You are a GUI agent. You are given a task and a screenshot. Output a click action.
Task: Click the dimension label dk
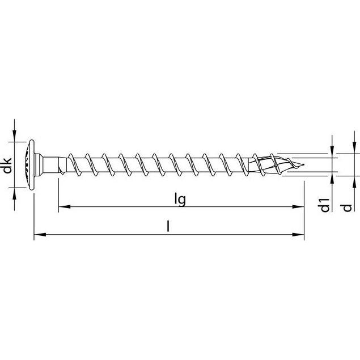click(x=7, y=166)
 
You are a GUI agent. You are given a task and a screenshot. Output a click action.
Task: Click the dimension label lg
click(x=180, y=200)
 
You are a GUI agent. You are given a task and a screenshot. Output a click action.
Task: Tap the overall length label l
click(x=168, y=226)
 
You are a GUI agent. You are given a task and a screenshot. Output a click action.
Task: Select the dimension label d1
click(x=324, y=205)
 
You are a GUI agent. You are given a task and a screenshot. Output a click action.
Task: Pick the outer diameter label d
click(x=347, y=208)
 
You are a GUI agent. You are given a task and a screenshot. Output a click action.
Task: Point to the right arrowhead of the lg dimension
click(x=298, y=206)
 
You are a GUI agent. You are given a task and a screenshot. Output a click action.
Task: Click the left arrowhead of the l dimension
click(x=40, y=235)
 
